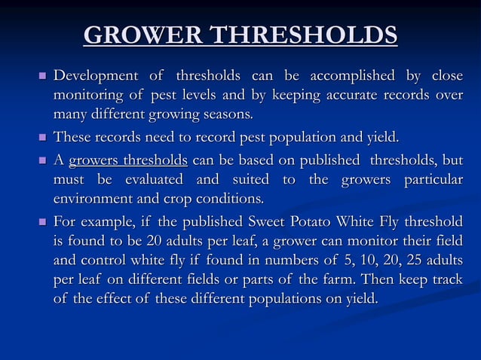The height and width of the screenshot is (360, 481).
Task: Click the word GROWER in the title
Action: point(142,35)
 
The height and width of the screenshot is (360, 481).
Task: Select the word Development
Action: point(95,76)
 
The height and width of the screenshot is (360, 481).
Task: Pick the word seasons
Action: point(225,115)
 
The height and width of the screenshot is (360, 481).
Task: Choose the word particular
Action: point(427,180)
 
